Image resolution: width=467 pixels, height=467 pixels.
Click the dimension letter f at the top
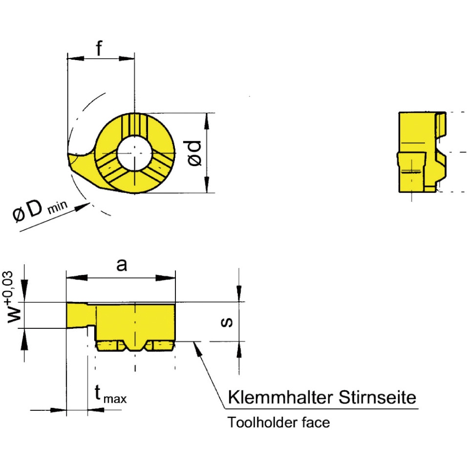[x=99, y=48]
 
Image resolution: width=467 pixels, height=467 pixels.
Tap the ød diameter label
[x=194, y=153]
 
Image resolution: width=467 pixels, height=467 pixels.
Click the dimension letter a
[x=122, y=264]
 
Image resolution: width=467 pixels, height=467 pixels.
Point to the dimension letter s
[x=227, y=322]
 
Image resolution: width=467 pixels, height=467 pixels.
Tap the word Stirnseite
[x=377, y=397]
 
